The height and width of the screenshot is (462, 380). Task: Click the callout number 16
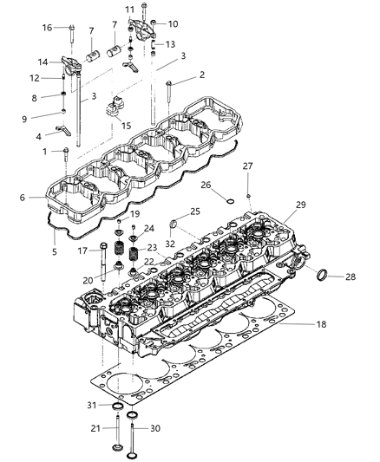(x=49, y=27)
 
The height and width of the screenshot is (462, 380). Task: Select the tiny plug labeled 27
(x=246, y=198)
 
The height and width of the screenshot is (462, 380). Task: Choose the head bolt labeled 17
(x=104, y=260)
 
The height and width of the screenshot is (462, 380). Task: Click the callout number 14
(x=44, y=62)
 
